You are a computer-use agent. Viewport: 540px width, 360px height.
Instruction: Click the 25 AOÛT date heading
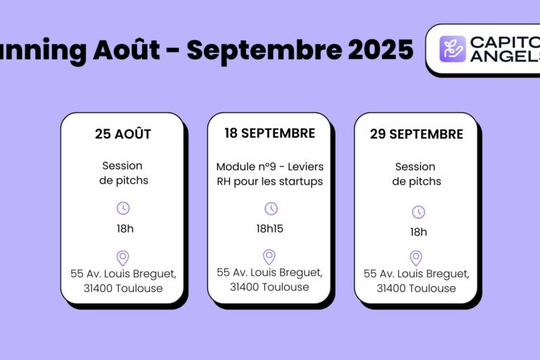123,134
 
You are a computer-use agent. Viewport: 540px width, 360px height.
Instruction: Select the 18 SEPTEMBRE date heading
269,133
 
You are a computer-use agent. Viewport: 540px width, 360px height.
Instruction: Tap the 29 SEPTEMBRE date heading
416,134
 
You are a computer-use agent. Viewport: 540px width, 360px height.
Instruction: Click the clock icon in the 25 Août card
123,207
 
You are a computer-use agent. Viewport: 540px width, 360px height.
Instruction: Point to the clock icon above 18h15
271,208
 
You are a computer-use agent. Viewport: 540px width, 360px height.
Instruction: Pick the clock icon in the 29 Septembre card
418,212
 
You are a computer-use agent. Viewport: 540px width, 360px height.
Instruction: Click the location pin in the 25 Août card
123,258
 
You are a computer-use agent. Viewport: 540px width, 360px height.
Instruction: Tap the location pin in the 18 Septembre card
269,257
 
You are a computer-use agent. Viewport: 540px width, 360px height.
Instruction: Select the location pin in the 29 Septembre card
416,258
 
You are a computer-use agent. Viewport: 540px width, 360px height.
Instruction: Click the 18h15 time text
270,229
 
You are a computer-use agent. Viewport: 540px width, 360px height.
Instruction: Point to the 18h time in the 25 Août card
124,229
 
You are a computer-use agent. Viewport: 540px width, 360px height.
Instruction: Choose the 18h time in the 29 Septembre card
418,232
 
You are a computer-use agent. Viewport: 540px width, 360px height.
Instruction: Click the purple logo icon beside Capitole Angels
453,49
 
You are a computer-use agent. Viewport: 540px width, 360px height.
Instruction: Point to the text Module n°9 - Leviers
269,167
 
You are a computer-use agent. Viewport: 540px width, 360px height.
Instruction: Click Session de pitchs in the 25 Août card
122,173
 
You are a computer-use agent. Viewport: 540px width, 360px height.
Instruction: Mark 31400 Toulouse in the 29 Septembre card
416,288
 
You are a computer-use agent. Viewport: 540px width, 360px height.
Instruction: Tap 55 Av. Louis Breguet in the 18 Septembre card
269,272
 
